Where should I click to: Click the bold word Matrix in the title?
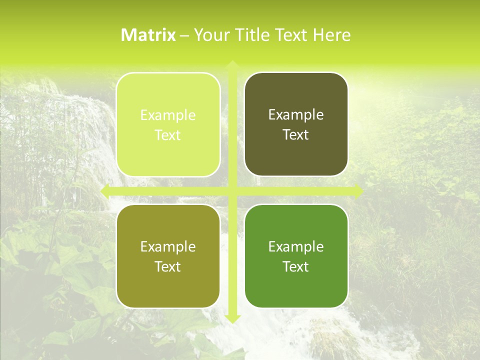pos(148,35)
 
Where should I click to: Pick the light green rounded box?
pos(168,125)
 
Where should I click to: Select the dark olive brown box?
pos(296,125)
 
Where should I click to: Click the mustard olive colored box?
pos(168,256)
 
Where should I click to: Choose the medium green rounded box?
pos(296,256)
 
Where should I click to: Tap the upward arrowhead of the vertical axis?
pos(232,65)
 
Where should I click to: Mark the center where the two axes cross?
pos(232,191)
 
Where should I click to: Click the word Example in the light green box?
pos(168,115)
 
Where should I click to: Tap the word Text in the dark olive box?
pos(296,135)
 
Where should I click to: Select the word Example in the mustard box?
pos(168,247)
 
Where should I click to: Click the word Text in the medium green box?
pos(296,266)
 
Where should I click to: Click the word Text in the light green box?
pos(168,135)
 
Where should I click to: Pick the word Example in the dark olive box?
pos(296,115)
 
